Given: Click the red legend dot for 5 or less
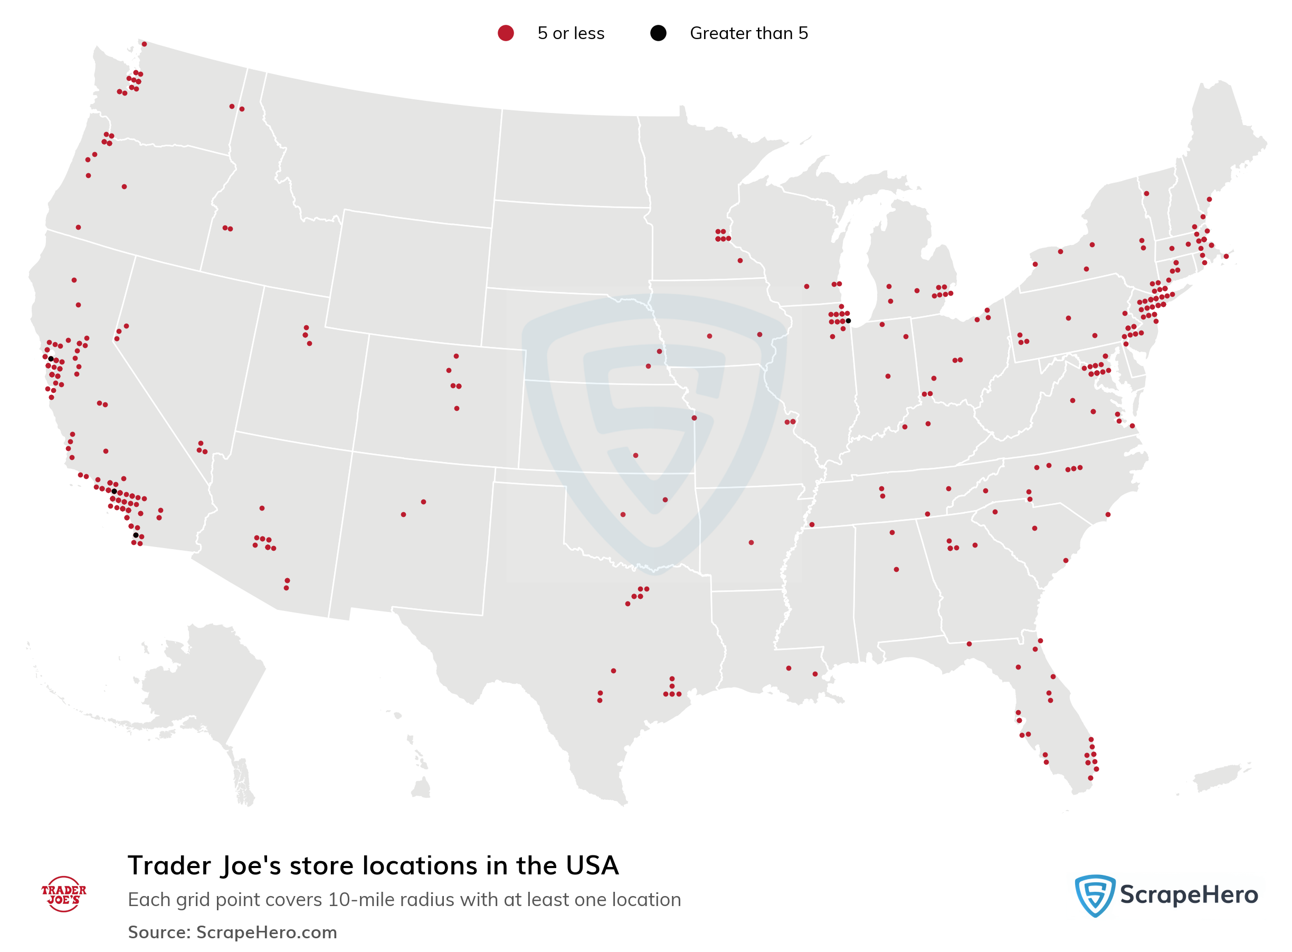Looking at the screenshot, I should tap(505, 33).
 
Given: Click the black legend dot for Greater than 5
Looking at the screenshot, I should tap(658, 33).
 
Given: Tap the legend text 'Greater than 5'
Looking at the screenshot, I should tap(748, 33).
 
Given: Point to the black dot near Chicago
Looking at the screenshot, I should tap(848, 321).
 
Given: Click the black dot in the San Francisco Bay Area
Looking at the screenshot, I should tap(51, 359).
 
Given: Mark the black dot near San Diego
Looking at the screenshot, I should tap(136, 535).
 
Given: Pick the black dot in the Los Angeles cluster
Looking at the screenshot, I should tap(114, 491).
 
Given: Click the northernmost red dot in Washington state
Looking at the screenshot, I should tap(144, 44).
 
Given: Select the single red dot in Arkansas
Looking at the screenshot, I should tap(750, 542).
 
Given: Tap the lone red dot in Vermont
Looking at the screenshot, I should tap(1146, 194).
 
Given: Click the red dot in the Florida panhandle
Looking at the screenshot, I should tap(969, 644).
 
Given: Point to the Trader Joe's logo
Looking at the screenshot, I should tap(63, 894).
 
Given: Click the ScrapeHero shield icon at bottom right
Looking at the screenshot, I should tap(1095, 894).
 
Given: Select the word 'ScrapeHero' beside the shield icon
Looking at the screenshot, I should tap(1189, 895).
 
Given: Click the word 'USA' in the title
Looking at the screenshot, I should tap(592, 865).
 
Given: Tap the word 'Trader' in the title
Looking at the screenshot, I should tap(169, 865).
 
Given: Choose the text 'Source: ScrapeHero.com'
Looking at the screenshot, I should tap(232, 932).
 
